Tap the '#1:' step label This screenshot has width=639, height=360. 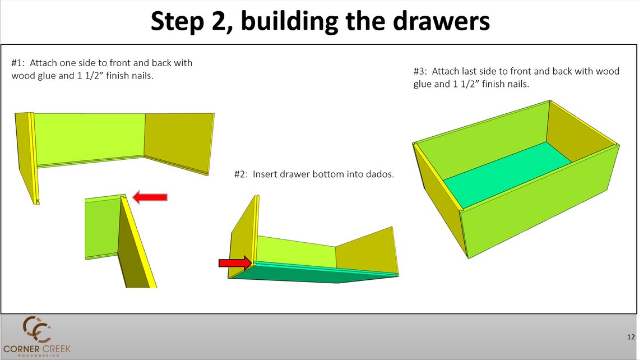19,63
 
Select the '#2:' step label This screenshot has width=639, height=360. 242,174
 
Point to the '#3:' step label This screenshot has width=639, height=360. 420,72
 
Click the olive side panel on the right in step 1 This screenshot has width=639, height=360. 179,142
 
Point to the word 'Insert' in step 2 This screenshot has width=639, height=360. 265,174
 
